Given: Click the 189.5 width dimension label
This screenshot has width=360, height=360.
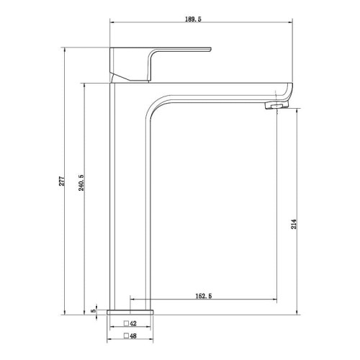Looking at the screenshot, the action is [x=193, y=19].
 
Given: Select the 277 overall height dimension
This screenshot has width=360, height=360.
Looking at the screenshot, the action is [x=62, y=181].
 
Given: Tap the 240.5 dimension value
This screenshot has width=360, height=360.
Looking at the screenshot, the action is [x=81, y=183].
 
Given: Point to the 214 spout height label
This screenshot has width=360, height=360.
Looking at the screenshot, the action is [x=294, y=224].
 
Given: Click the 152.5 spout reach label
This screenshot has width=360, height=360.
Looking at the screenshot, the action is [x=204, y=296].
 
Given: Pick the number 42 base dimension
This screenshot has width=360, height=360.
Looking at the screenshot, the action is [x=133, y=323].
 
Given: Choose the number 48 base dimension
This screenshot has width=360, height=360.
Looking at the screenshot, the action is [x=133, y=336].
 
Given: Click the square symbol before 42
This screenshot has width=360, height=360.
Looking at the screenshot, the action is [x=126, y=323].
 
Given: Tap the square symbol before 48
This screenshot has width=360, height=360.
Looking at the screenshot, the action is [x=126, y=336].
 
